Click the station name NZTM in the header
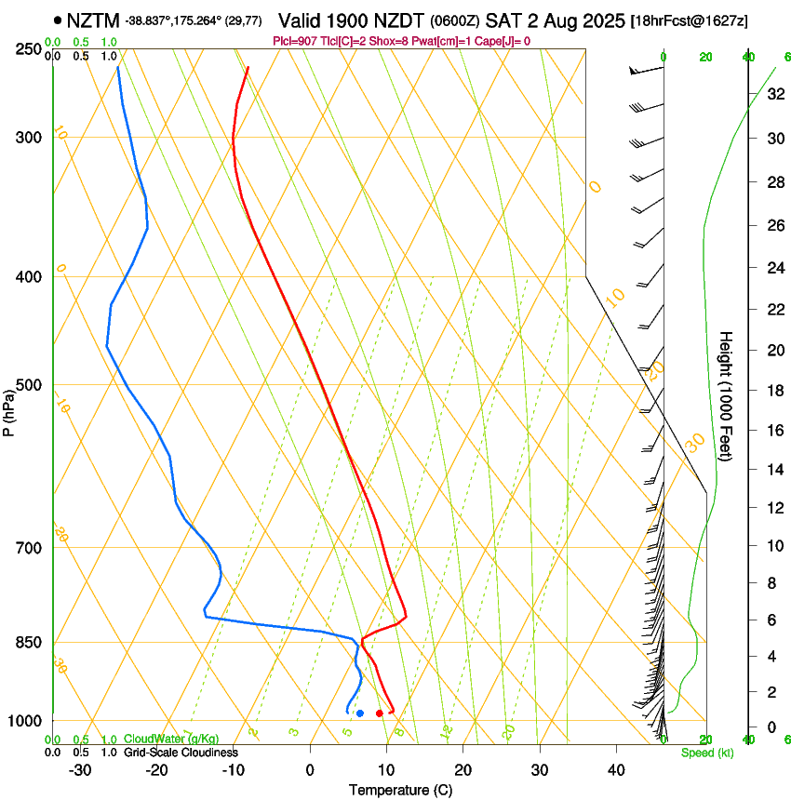pos(93,20)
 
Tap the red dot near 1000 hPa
pos(380,713)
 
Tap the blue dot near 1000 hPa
pos(360,713)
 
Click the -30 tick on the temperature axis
pos(80,770)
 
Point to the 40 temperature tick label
pos(615,770)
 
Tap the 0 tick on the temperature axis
pos(311,770)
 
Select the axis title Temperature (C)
pos(400,791)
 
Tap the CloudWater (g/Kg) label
pos(171,740)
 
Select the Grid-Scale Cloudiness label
pos(181,753)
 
